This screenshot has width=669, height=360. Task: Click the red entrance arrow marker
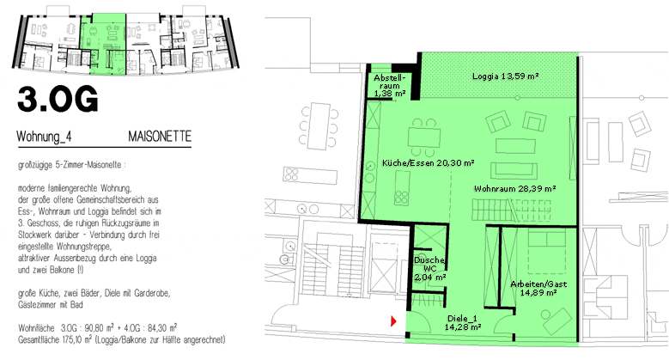393,320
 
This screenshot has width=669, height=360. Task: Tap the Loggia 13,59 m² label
505,76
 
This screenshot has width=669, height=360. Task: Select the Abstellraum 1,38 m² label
390,85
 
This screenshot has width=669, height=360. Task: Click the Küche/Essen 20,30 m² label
428,162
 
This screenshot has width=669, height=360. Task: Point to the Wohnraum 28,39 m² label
514,188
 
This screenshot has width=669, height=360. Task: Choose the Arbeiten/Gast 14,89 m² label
538,288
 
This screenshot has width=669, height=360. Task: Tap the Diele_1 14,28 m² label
463,323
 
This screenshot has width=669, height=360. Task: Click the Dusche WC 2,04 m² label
429,269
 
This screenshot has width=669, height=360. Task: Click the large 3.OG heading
58,99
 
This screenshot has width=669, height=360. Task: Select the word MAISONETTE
160,137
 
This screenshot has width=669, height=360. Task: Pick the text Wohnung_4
44,137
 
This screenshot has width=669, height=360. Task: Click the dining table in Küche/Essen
424,137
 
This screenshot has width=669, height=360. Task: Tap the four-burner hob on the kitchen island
401,197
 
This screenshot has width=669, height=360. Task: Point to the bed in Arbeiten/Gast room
547,252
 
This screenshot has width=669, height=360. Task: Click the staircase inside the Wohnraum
511,211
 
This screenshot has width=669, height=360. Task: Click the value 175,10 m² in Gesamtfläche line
79,340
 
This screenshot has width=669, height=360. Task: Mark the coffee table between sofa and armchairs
515,146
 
